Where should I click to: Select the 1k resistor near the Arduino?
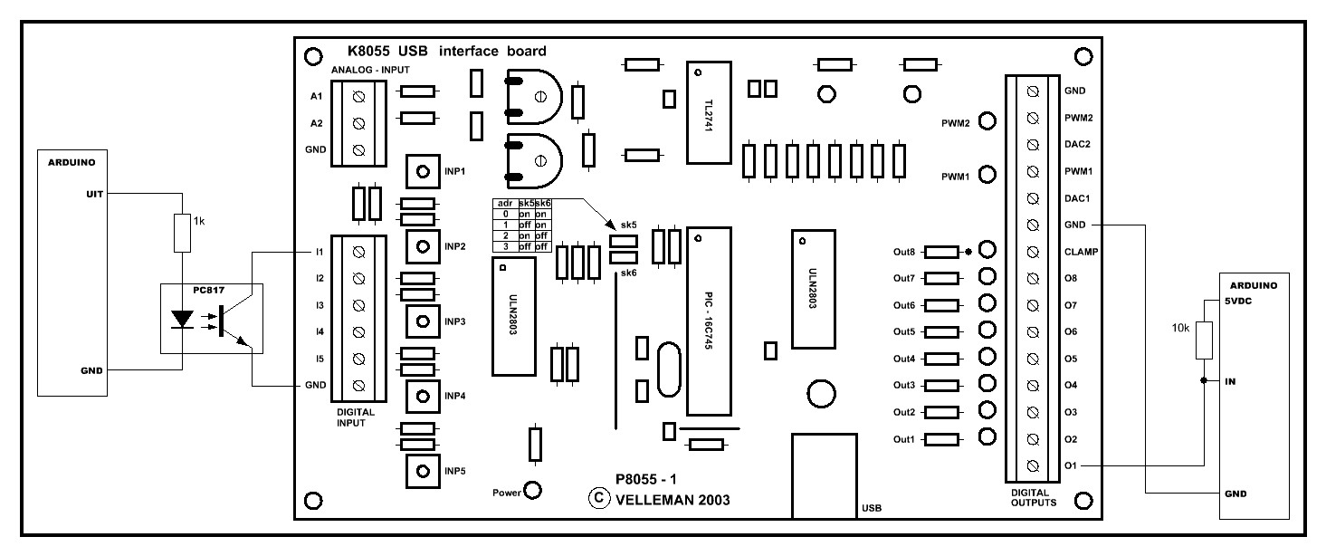pyautogui.click(x=182, y=233)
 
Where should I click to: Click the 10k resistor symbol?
pyautogui.click(x=1204, y=340)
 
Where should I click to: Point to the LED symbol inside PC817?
pyautogui.click(x=183, y=320)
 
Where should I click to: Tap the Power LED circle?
pyautogui.click(x=533, y=491)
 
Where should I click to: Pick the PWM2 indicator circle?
pyautogui.click(x=988, y=121)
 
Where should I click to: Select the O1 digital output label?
pyautogui.click(x=1071, y=466)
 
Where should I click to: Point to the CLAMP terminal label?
pyautogui.click(x=1081, y=252)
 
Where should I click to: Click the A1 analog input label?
pyautogui.click(x=316, y=95)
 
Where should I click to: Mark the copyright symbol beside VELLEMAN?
pyautogui.click(x=596, y=497)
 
